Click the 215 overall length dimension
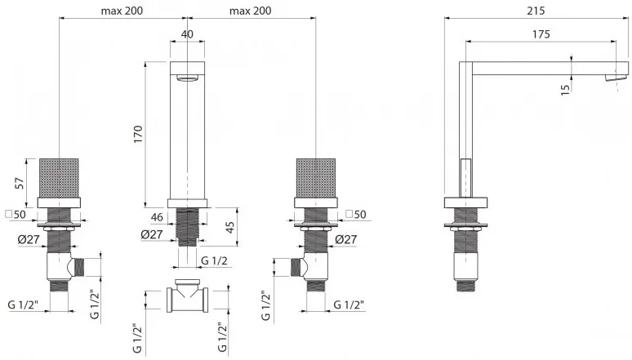(x=536, y=11)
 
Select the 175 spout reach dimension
(x=541, y=34)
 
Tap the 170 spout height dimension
(x=138, y=134)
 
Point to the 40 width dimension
(x=187, y=34)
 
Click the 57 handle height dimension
(x=20, y=183)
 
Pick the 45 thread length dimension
(x=229, y=227)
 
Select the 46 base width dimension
(x=157, y=217)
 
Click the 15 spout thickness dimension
(x=566, y=89)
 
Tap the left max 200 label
(x=122, y=11)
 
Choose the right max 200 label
(x=251, y=11)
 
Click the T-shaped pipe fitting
(x=188, y=295)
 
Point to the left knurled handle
(x=59, y=178)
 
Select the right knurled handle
(x=316, y=178)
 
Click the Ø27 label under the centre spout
(x=152, y=234)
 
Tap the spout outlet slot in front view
(x=187, y=78)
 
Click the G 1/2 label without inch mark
(x=214, y=261)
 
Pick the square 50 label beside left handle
(x=16, y=214)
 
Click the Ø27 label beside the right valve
(x=346, y=239)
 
